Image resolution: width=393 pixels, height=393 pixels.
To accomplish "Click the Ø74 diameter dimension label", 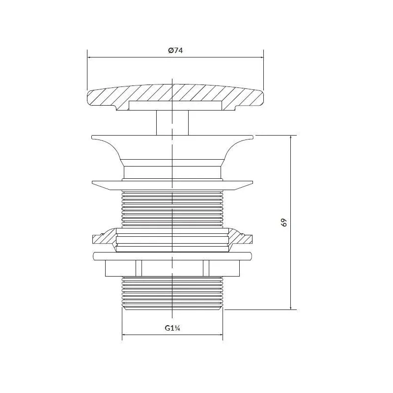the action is coord(175,51).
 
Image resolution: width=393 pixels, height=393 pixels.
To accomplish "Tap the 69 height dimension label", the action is coord(284,223).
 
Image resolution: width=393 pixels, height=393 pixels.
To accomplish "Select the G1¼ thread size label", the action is coord(172,328).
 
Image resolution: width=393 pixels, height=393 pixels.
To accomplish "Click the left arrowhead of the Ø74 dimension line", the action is coord(89,57).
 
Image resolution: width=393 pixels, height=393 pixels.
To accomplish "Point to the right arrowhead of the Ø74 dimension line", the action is coord(262,57).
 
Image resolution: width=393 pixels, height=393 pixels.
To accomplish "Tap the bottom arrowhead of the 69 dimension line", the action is coord(291,308).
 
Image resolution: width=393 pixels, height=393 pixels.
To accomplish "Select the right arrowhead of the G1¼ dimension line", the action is coord(221,335).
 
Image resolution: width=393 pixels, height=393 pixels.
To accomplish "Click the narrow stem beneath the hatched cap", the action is coord(172,123).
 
